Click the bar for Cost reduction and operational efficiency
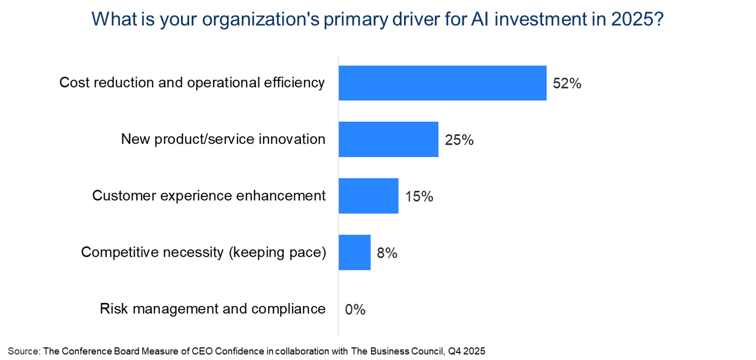[x=442, y=83]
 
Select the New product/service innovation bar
[x=388, y=139]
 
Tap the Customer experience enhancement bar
[x=368, y=196]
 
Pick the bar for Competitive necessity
[x=354, y=252]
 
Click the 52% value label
[x=567, y=83]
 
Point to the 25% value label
[x=459, y=140]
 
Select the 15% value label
[x=419, y=196]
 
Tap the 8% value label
[x=387, y=253]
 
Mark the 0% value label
[x=355, y=309]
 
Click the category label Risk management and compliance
[x=212, y=308]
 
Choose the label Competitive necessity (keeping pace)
[x=203, y=252]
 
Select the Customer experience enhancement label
[x=209, y=195]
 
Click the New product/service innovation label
[x=223, y=139]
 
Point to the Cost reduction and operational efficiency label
[x=192, y=82]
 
